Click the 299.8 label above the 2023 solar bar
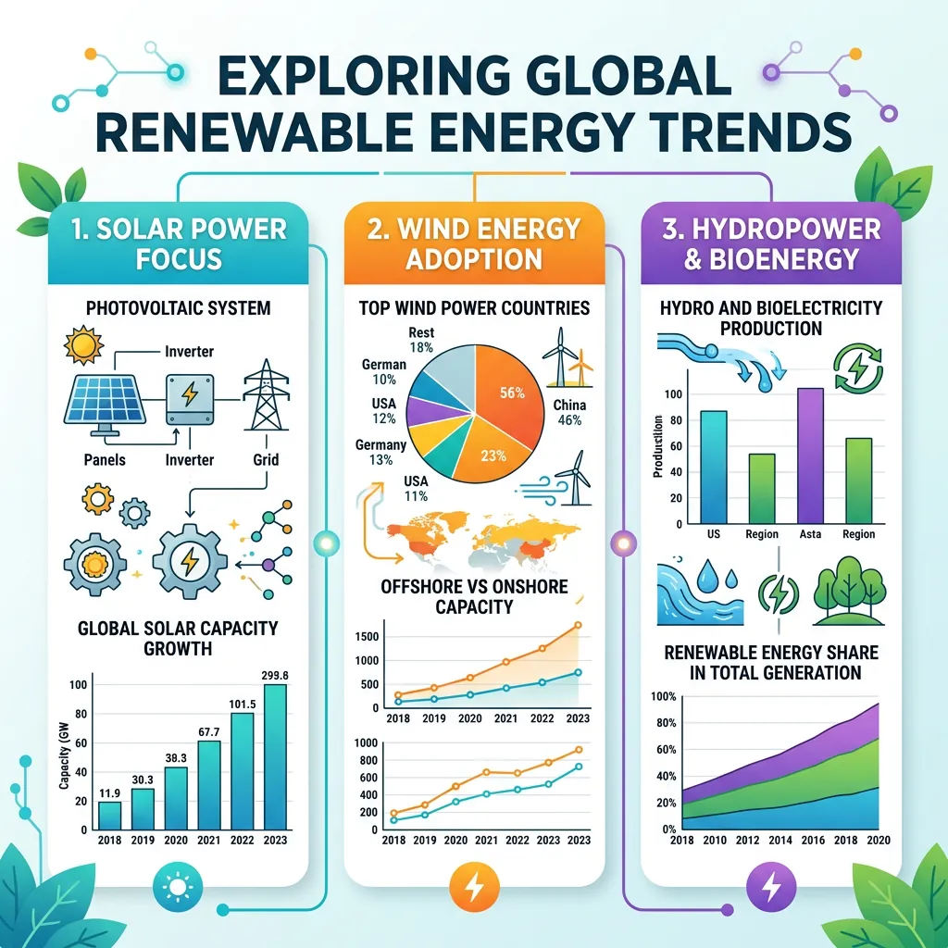[x=275, y=675]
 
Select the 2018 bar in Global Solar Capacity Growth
[x=109, y=814]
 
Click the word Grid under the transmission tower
[x=265, y=459]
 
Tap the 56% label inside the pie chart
[x=511, y=393]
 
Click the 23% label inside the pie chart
[x=493, y=455]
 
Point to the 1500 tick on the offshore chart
[x=368, y=636]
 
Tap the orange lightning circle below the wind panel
[x=473, y=888]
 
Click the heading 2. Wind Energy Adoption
[x=473, y=243]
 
